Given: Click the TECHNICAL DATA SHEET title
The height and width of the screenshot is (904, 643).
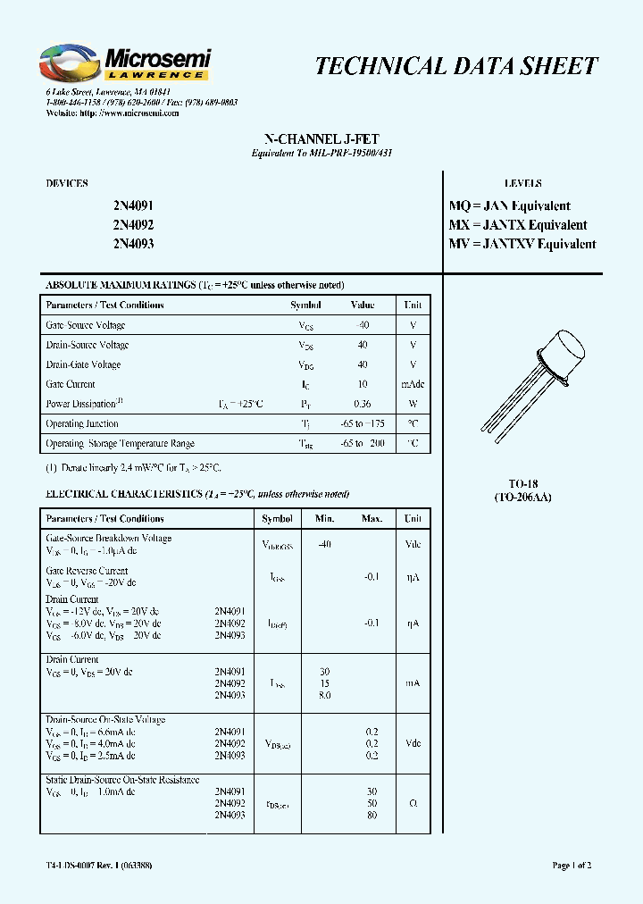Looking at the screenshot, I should pyautogui.click(x=456, y=66).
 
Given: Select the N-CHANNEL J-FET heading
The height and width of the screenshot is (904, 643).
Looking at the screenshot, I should pyautogui.click(x=321, y=139).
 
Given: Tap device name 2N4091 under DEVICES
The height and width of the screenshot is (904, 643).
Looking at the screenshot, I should pyautogui.click(x=133, y=205).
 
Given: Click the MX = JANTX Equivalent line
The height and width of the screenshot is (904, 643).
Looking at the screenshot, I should pyautogui.click(x=517, y=225).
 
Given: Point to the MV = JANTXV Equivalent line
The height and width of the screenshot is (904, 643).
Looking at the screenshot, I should pyautogui.click(x=522, y=244).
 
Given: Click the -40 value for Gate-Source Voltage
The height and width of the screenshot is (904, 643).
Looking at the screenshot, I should pyautogui.click(x=363, y=325).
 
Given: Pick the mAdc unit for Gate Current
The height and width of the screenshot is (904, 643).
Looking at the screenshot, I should pyautogui.click(x=413, y=384).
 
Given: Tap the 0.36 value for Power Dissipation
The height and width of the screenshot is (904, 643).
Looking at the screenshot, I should pyautogui.click(x=363, y=404).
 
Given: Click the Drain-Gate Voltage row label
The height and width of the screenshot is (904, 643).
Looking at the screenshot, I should pyautogui.click(x=83, y=364).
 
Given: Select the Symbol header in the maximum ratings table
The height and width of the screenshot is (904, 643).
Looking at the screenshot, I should pyautogui.click(x=305, y=305).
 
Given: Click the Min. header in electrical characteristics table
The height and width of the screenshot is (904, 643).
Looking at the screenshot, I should pyautogui.click(x=324, y=518).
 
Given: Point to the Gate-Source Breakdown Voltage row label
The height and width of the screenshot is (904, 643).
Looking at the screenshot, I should pyautogui.click(x=108, y=539).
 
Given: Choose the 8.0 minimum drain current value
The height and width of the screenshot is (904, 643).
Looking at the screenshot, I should pyautogui.click(x=324, y=695).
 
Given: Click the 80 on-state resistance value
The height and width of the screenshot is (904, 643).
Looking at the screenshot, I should pyautogui.click(x=372, y=815).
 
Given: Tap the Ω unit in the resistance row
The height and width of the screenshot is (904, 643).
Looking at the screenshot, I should pyautogui.click(x=413, y=803).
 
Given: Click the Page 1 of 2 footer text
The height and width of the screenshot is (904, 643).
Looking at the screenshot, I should pyautogui.click(x=572, y=866).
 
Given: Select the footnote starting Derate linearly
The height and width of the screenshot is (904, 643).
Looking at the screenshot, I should pyautogui.click(x=133, y=467).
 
